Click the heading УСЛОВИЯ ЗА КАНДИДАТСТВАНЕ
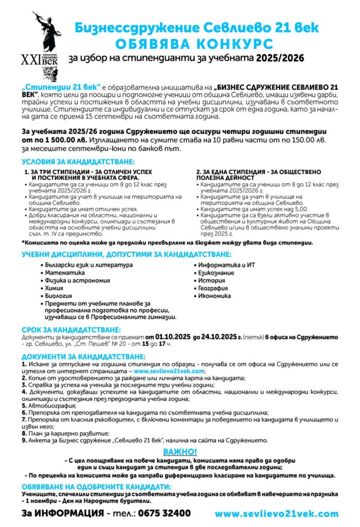(78, 162)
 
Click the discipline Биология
(58, 296)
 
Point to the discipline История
(211, 280)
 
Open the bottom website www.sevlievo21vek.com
(276, 514)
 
